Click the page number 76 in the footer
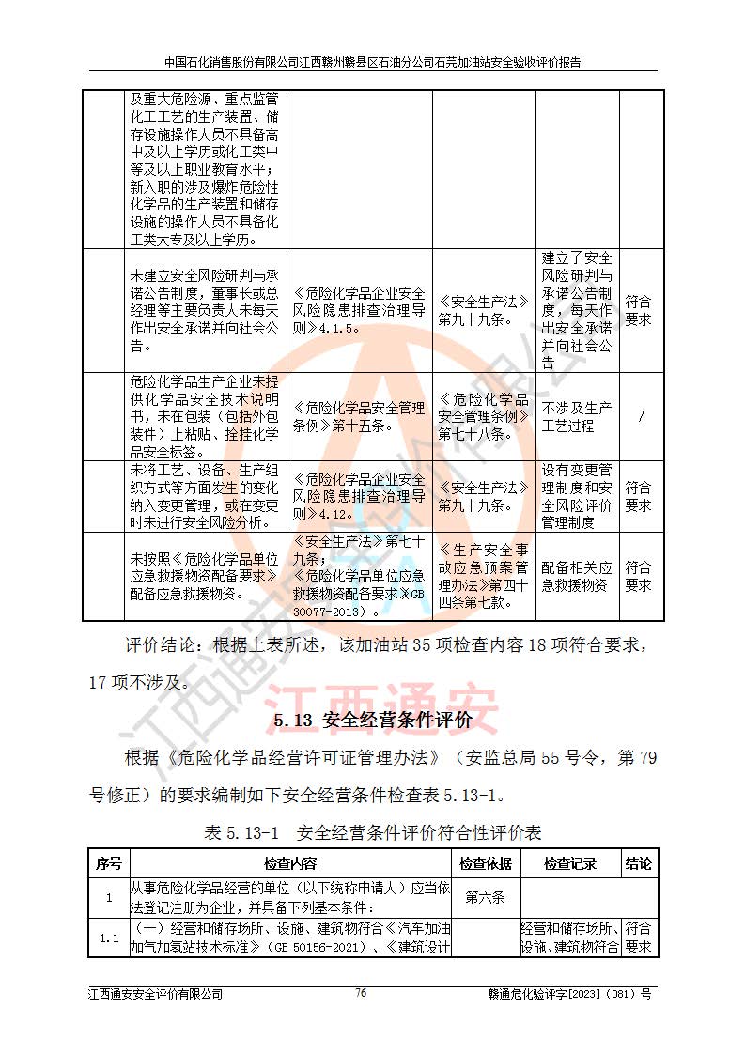tap(361, 993)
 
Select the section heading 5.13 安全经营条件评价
tap(373, 721)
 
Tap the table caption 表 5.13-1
tap(373, 832)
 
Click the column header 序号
tap(108, 864)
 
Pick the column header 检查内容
tap(290, 864)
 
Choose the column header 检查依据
tap(485, 864)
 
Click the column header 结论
tap(639, 864)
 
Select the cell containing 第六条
tap(485, 897)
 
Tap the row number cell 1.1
tap(108, 938)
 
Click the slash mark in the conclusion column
tap(641, 417)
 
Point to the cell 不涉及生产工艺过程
tap(577, 417)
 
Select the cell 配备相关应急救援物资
tap(577, 577)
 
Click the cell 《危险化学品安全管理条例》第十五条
tap(359, 417)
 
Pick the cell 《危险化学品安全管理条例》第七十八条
tap(484, 417)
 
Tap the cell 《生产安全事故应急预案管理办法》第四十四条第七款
tap(484, 577)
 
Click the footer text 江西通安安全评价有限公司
tap(156, 994)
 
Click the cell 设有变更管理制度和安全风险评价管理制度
tap(577, 496)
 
